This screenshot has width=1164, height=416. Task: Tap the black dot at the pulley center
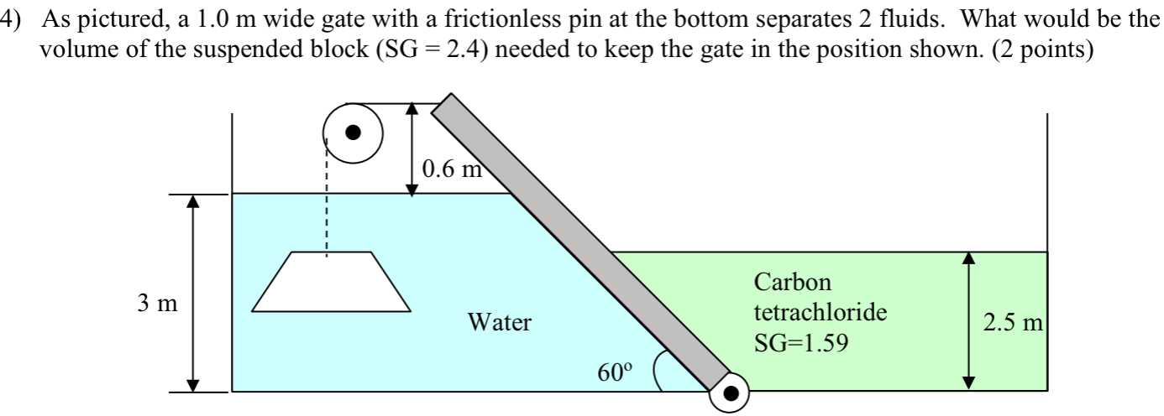pyautogui.click(x=354, y=132)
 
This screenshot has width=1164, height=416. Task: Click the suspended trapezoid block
pyautogui.click(x=333, y=283)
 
